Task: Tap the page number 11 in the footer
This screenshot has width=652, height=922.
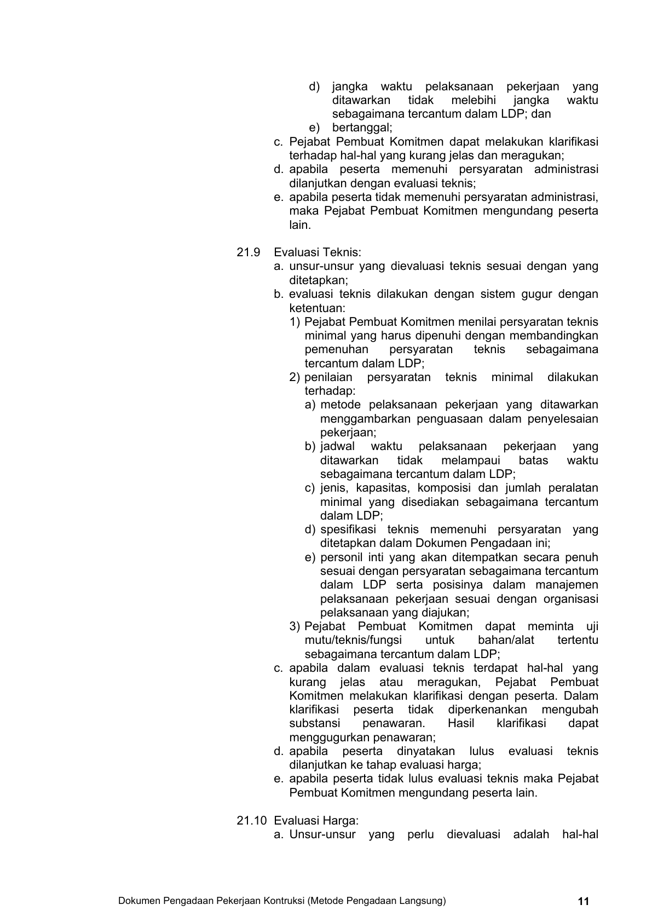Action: [x=584, y=901]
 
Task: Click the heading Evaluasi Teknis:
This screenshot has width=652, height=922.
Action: [x=318, y=252]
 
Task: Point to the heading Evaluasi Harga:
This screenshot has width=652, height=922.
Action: [x=316, y=821]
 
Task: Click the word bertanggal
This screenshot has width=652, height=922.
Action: [x=362, y=128]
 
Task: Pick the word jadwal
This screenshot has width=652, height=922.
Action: [x=338, y=446]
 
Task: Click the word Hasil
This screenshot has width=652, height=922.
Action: [x=461, y=723]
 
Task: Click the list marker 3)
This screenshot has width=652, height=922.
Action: [x=295, y=626]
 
